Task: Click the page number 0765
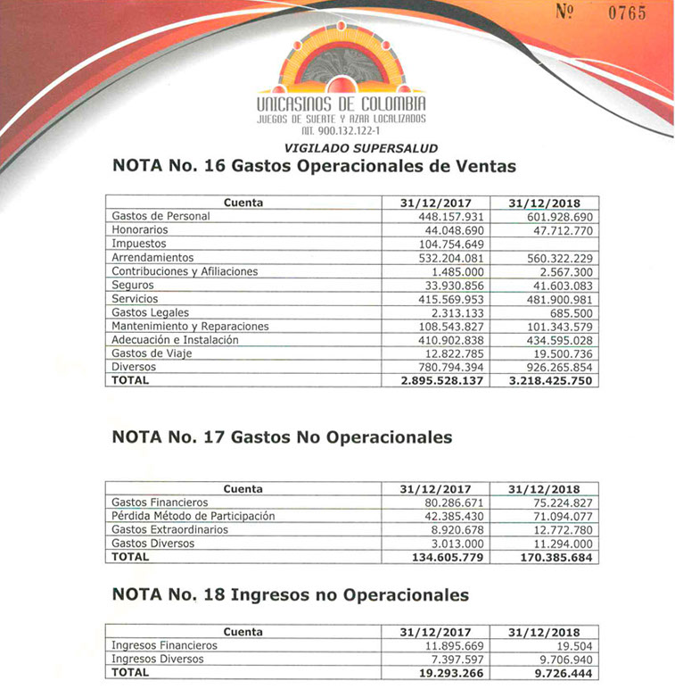[627, 13]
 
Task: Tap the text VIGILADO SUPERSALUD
[360, 148]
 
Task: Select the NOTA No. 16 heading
[314, 166]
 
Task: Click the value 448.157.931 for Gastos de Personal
[449, 216]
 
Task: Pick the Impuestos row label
[139, 244]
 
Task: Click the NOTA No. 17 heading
[282, 437]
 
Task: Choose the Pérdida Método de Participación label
[193, 516]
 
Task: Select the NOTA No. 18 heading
[291, 595]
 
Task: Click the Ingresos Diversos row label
[158, 659]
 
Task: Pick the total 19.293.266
[454, 672]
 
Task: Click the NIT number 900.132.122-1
[341, 130]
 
